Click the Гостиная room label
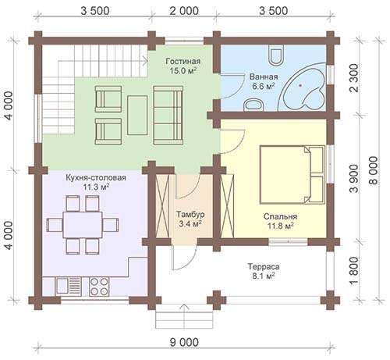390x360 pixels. click(x=183, y=61)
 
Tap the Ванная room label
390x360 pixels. click(x=264, y=77)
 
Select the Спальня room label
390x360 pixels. click(x=280, y=216)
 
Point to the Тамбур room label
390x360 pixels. click(x=190, y=214)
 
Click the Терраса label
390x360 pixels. click(x=264, y=266)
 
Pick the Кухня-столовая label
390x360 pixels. click(x=96, y=177)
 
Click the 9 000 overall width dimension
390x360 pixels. click(x=184, y=343)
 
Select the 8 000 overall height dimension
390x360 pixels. click(x=374, y=170)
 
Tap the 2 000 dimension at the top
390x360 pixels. click(x=184, y=11)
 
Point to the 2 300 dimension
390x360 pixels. click(x=353, y=78)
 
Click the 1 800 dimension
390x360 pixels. click(x=353, y=271)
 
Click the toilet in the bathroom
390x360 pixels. click(x=276, y=55)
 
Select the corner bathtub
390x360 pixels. click(x=302, y=87)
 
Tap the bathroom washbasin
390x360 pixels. click(x=253, y=105)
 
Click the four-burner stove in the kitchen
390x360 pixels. click(x=99, y=287)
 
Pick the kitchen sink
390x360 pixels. click(x=69, y=286)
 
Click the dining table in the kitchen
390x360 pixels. click(x=83, y=225)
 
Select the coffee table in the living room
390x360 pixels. click(x=137, y=115)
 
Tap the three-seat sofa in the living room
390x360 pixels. click(x=168, y=115)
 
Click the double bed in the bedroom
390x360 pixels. click(x=292, y=174)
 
